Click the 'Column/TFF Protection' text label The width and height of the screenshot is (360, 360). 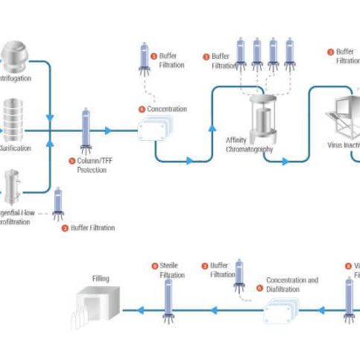pyautogui.click(x=87, y=165)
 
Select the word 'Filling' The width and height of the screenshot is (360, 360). pyautogui.click(x=101, y=280)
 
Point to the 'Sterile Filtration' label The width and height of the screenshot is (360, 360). pyautogui.click(x=168, y=271)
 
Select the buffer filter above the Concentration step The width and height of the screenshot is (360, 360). pyautogui.click(x=144, y=60)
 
